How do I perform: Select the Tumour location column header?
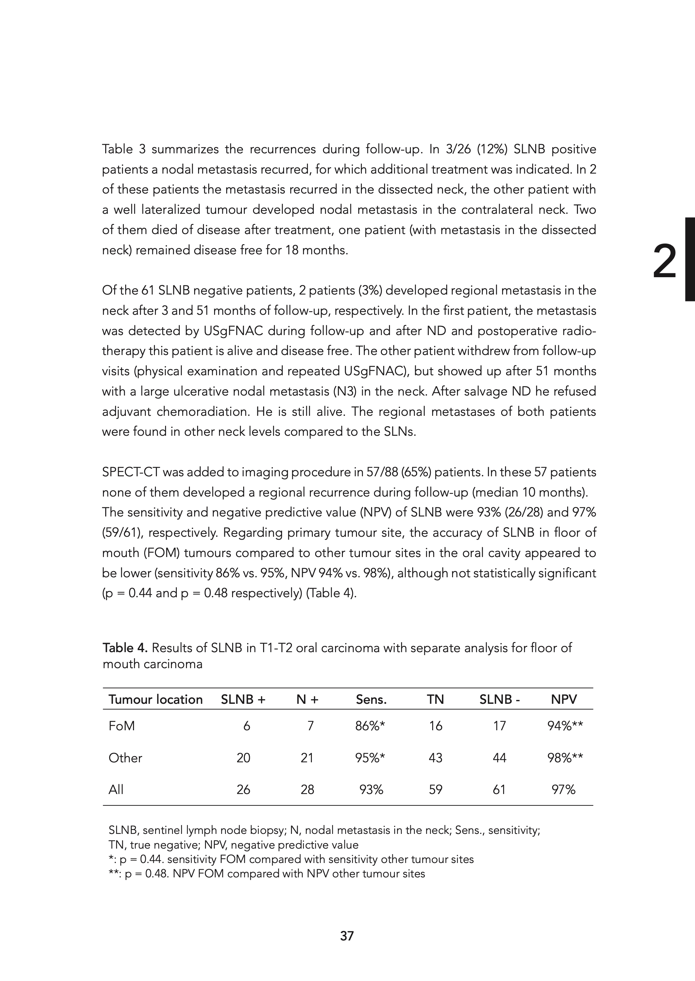click(155, 700)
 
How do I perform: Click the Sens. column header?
click(371, 700)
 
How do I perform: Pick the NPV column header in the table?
click(564, 700)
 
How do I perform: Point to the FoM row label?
click(122, 726)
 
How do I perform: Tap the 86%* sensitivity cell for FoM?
click(370, 726)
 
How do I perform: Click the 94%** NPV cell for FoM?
click(565, 726)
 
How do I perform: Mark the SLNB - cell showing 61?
click(499, 789)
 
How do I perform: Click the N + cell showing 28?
click(307, 789)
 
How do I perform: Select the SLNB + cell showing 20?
click(243, 758)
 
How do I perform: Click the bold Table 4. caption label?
click(125, 648)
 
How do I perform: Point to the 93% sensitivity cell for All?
click(371, 789)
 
